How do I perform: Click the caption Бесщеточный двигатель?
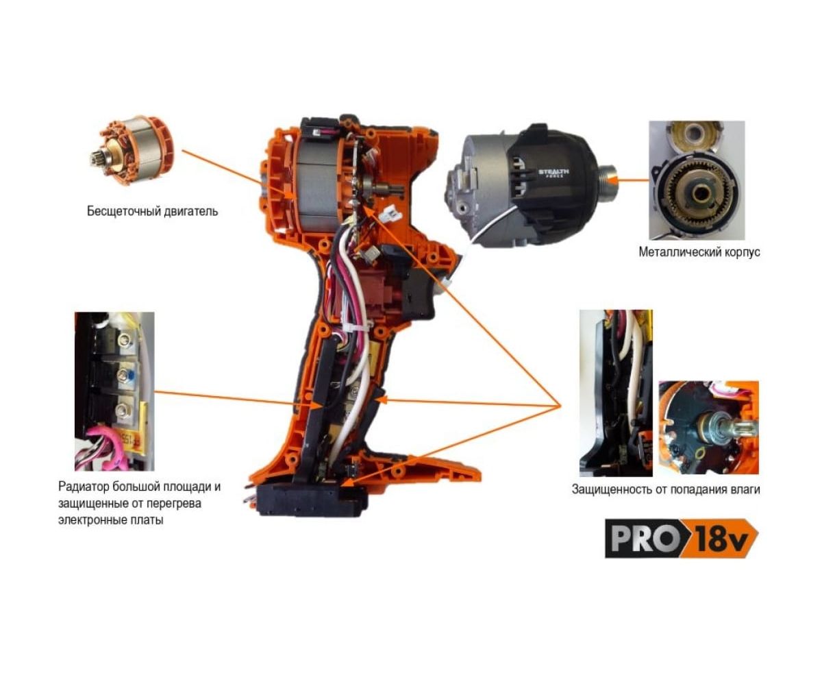[152, 211]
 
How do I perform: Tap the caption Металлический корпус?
[699, 252]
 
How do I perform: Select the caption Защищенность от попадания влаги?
[666, 489]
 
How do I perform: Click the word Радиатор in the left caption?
[83, 487]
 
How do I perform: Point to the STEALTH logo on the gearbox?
[553, 171]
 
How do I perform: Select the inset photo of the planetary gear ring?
[697, 180]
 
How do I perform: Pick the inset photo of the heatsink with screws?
[114, 391]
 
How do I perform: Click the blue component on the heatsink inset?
[130, 375]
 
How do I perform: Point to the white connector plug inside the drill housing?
[393, 213]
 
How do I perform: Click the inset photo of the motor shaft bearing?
[708, 428]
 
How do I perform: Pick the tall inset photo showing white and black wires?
[616, 393]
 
